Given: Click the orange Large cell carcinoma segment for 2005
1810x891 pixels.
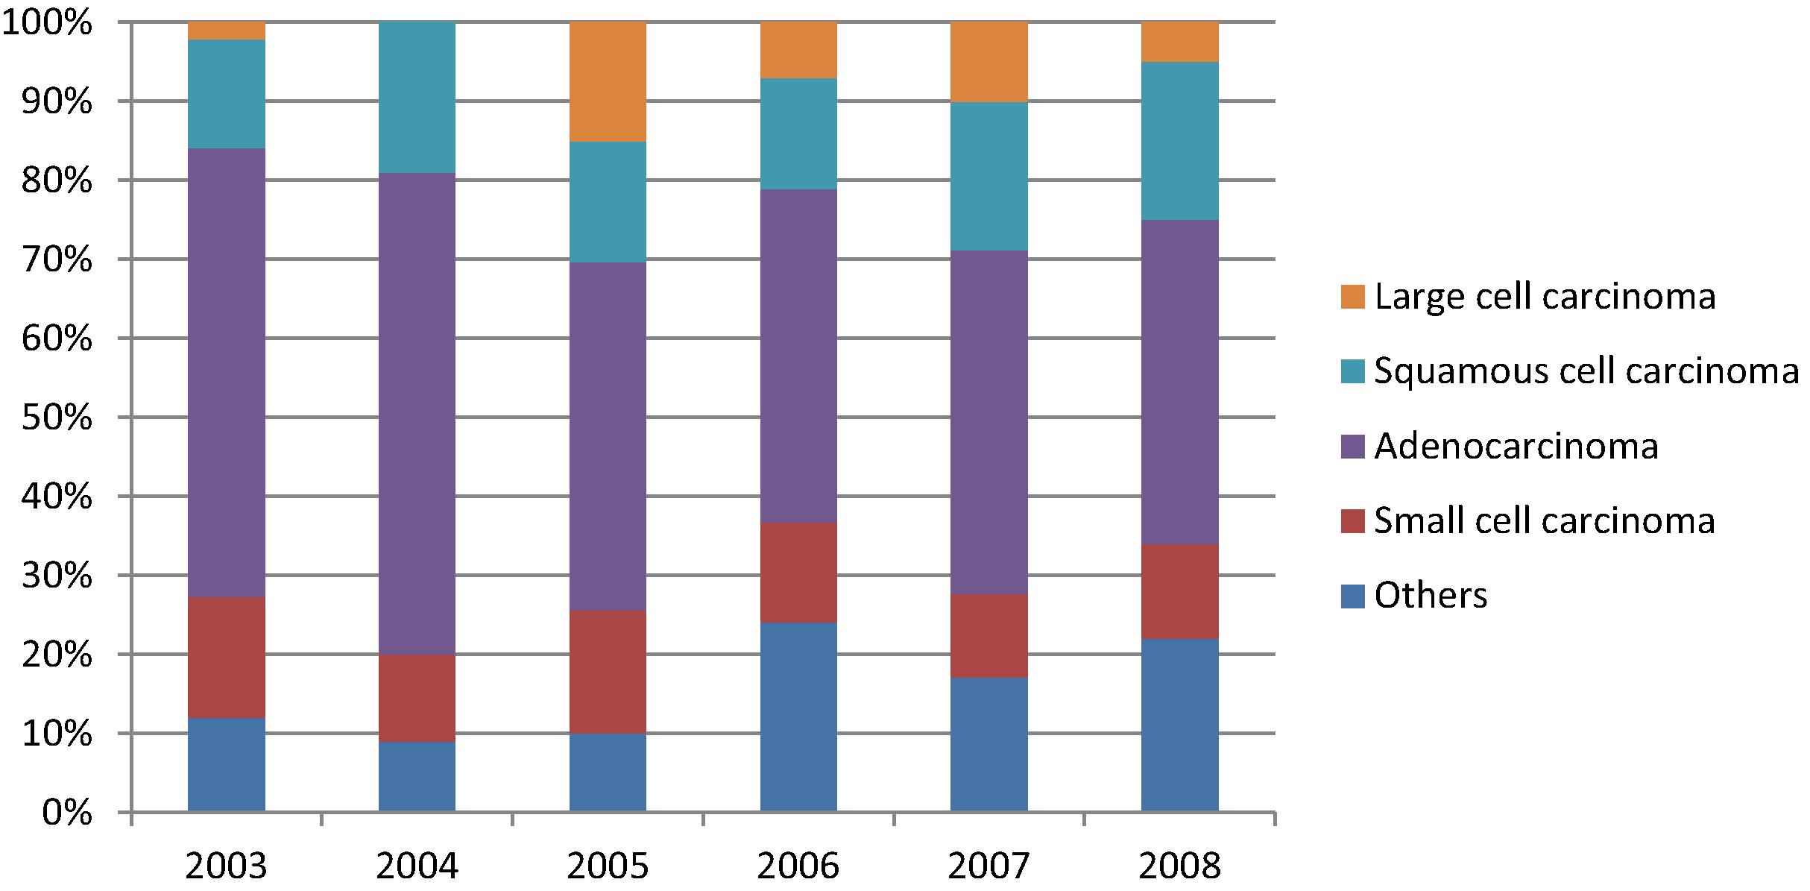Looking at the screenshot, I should [608, 81].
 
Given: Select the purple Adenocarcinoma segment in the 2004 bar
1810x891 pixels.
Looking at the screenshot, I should [417, 414].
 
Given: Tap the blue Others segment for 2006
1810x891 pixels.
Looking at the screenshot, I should [798, 717].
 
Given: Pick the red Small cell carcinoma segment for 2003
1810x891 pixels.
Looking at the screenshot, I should [226, 657].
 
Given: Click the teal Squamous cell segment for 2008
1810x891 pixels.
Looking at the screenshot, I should [1179, 141].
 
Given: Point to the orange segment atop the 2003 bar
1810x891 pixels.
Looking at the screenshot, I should [226, 31].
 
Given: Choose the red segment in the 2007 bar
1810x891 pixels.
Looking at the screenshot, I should [988, 635].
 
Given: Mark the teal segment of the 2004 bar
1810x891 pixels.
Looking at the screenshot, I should [417, 98].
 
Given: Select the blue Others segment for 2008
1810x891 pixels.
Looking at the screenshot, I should [1179, 725].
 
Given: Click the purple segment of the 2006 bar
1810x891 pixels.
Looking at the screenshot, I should [798, 356].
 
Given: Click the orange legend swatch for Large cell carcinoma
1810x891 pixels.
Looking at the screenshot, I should [1352, 297].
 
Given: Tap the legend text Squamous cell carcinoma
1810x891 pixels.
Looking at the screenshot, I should [1586, 371].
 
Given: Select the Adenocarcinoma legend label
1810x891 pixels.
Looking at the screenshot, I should [1516, 446].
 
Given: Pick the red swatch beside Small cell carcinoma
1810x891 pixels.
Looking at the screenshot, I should [1352, 520].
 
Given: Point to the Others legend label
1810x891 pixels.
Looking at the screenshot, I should [1431, 595].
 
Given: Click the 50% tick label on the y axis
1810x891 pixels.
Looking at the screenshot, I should [57, 418].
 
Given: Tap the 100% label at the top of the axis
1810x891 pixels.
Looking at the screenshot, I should [48, 23].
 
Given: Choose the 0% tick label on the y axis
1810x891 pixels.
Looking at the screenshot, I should [66, 813].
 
